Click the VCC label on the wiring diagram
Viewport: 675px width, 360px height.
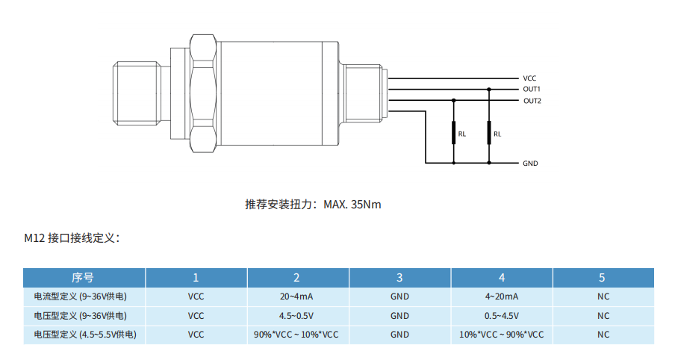point(529,78)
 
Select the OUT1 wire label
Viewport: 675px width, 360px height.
point(532,90)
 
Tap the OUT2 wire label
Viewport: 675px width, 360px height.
point(532,101)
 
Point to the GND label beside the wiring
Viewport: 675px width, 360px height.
point(530,163)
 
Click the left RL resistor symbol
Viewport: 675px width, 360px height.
point(453,133)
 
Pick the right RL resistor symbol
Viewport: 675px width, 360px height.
point(489,133)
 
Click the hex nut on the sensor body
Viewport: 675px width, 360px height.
point(203,92)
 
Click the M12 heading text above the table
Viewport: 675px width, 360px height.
point(72,239)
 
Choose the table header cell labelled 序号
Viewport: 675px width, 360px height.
point(83,278)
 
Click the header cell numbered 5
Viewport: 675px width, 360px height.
point(602,278)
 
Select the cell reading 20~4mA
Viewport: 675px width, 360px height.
point(296,297)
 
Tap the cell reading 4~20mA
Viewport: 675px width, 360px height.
point(501,297)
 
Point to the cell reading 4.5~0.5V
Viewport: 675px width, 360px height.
point(296,316)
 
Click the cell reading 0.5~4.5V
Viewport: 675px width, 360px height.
point(501,316)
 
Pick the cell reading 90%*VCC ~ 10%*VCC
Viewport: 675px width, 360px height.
point(296,335)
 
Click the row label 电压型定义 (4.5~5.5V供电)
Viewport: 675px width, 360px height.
point(84,335)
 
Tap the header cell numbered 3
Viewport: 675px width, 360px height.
point(399,278)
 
